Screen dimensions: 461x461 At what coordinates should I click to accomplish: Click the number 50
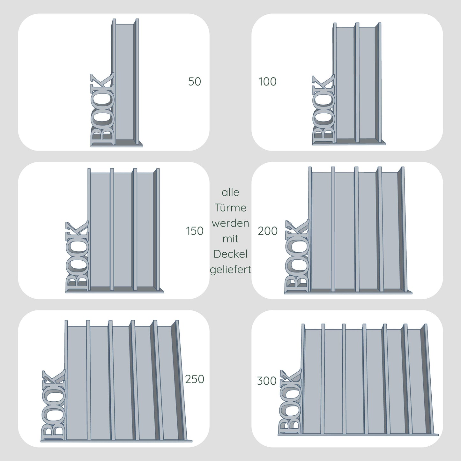point(195,82)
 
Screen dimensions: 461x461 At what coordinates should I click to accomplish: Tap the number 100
point(267,82)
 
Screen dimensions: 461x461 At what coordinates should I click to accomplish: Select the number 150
point(195,231)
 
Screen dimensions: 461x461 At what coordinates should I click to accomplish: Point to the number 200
point(268,231)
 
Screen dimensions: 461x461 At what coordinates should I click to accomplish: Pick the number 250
point(195,379)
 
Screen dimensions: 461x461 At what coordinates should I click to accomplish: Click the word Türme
point(230,207)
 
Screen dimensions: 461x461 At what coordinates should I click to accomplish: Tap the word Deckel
point(230,254)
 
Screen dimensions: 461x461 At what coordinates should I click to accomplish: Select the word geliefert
point(230,270)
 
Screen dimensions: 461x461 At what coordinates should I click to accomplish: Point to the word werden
point(230,223)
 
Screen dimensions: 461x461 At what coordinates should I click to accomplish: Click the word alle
point(230,192)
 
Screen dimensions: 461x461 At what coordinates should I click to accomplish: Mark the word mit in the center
point(230,239)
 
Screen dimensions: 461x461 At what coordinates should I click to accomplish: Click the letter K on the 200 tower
point(297,228)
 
